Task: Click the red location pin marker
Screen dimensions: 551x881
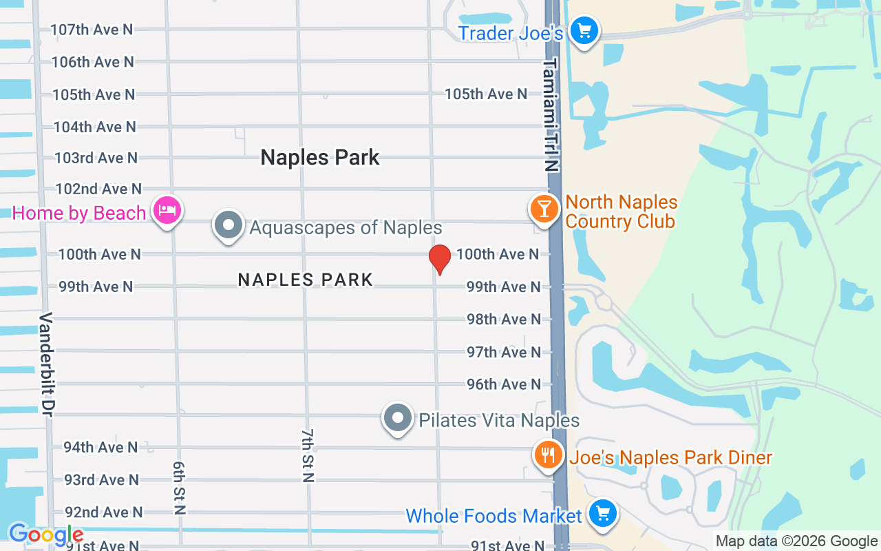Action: coord(440,258)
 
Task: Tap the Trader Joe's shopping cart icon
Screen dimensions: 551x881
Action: coord(584,30)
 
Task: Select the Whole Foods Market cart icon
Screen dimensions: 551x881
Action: coord(603,514)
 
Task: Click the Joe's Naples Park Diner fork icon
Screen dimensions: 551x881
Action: coord(548,455)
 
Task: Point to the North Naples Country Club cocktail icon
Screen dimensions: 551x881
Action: coord(544,208)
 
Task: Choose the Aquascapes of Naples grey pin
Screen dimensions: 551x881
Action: coord(229,225)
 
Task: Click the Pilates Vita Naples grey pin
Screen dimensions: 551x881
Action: coord(397,418)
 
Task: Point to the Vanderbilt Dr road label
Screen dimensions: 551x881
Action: coord(46,364)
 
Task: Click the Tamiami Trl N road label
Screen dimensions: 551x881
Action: coord(551,114)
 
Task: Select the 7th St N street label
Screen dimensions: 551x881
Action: coord(308,455)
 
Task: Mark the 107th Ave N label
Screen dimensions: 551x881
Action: coord(92,30)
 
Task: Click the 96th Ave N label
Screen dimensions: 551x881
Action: coord(504,384)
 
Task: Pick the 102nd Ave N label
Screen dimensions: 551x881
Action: coord(98,189)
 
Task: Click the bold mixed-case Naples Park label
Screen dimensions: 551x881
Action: coord(320,157)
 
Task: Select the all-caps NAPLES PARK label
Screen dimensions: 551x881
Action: coord(306,280)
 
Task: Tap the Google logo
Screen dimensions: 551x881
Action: coord(46,534)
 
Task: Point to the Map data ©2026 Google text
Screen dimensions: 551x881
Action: coord(796,541)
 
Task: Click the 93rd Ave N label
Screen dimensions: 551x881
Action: coord(101,479)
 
